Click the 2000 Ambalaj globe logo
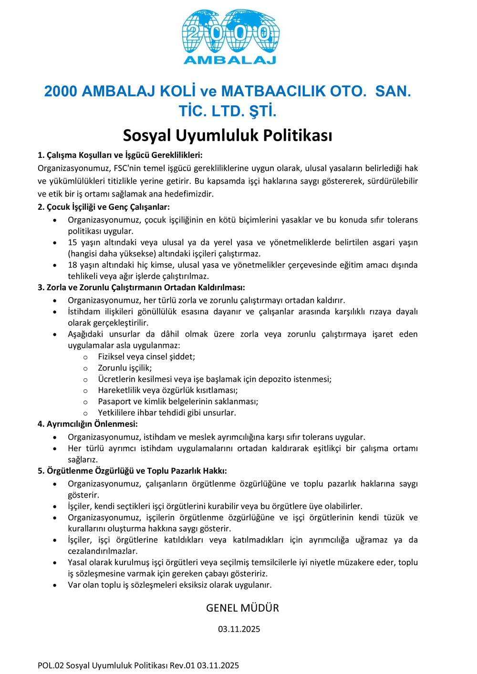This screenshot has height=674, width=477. coord(230,36)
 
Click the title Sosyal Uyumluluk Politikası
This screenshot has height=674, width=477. coord(228,135)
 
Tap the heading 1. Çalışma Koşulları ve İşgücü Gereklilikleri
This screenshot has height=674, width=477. coord(120,155)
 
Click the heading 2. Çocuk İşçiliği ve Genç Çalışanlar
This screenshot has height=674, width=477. coord(104,207)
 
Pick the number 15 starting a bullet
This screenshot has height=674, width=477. coord(73,242)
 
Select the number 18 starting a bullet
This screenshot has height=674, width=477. coord(73,265)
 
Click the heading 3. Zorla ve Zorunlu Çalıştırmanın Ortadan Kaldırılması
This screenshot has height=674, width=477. coord(141,287)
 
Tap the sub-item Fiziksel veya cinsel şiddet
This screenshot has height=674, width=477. coord(146,357)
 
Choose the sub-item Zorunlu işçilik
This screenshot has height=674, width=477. coord(125,368)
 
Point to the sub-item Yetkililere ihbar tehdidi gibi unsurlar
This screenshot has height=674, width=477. coord(167,413)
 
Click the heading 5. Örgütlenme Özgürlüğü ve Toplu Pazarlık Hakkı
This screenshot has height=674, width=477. coord(132,471)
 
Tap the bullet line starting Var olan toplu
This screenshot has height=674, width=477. coord(169,585)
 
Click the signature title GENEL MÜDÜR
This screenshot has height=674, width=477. coord(242,608)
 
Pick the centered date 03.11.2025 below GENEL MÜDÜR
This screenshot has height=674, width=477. coord(239,629)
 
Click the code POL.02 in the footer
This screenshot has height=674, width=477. coord(51,665)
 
